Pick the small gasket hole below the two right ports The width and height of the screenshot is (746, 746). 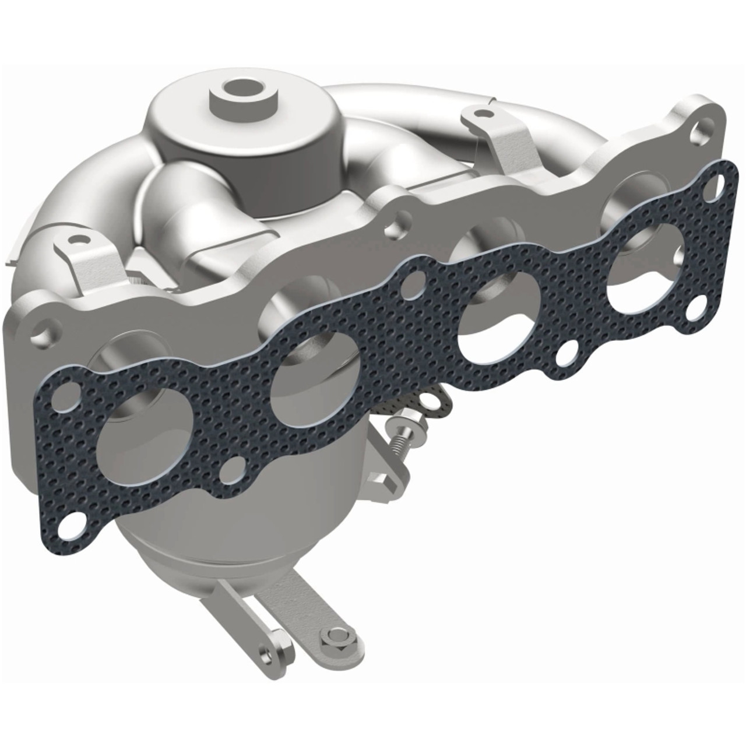(568, 353)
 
